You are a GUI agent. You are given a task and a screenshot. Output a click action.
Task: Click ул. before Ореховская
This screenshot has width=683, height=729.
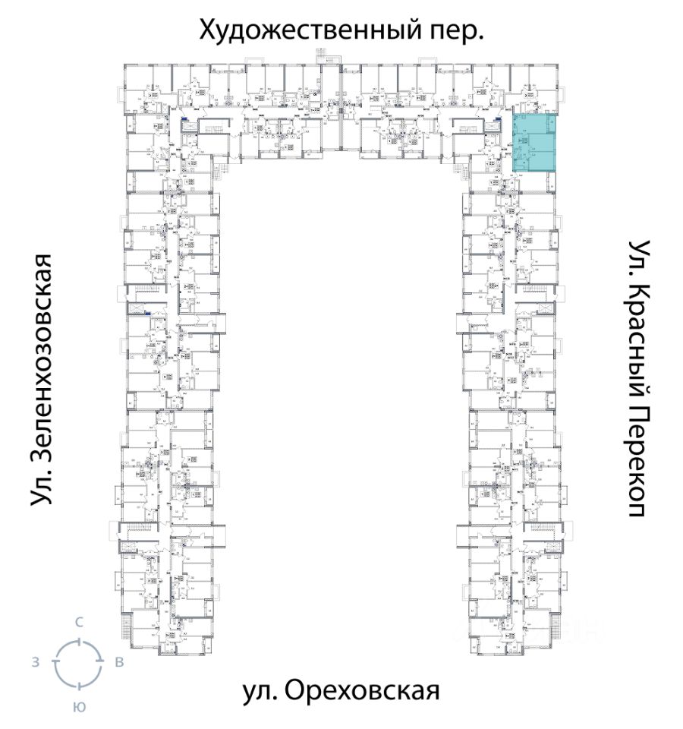[x=259, y=692]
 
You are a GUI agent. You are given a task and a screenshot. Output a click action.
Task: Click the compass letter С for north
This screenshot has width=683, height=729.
[x=78, y=622]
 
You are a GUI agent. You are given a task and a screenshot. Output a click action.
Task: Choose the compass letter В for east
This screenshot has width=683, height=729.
[x=118, y=662]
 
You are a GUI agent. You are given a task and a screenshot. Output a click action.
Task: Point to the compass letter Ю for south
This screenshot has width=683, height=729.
[x=78, y=707]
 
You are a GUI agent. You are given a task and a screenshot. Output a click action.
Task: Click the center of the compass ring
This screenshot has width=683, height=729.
[x=77, y=663]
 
